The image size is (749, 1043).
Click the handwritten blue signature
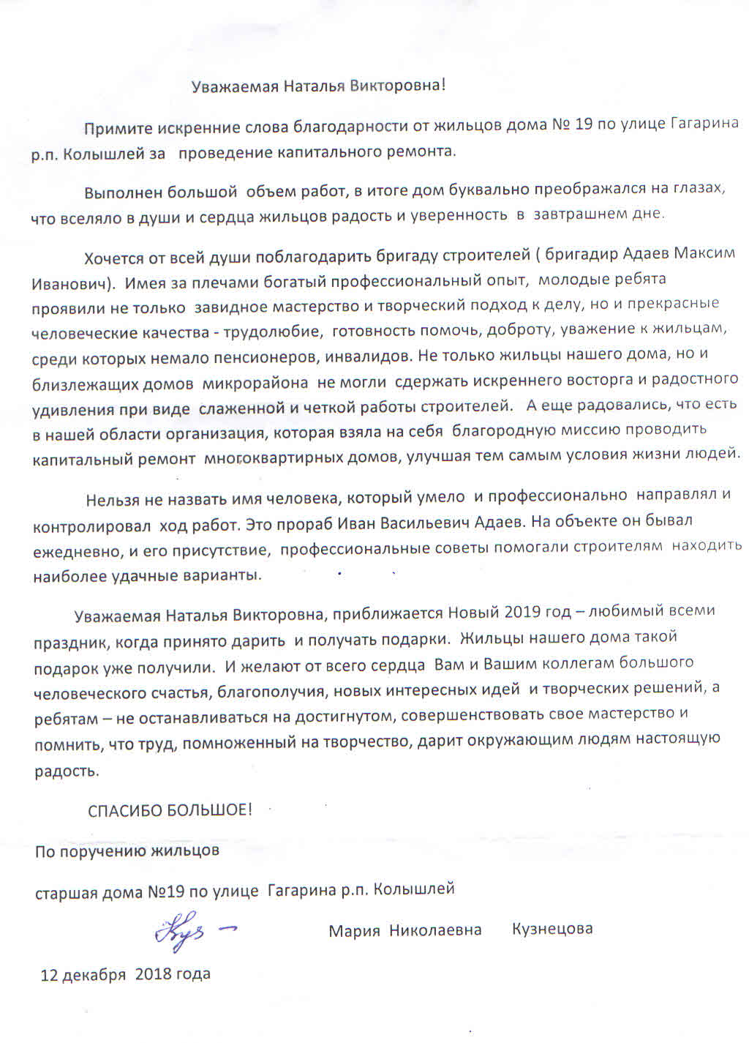click(192, 931)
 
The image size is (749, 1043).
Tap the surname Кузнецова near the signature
click(552, 929)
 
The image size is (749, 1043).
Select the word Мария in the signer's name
click(355, 930)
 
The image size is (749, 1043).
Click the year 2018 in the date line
click(153, 973)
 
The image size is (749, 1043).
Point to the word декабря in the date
click(94, 974)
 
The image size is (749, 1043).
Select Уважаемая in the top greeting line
click(235, 86)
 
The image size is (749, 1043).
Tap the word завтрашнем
click(579, 214)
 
